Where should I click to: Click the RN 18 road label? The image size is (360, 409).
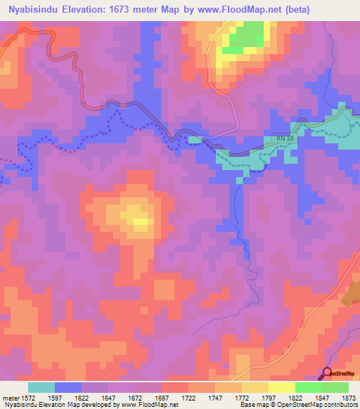click(285, 138)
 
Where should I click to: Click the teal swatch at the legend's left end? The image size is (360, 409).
click(41, 387)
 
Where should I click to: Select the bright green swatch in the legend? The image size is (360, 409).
click(308, 387)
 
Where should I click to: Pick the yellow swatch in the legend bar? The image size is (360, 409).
click(281, 387)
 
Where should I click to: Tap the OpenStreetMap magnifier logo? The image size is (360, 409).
click(328, 373)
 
